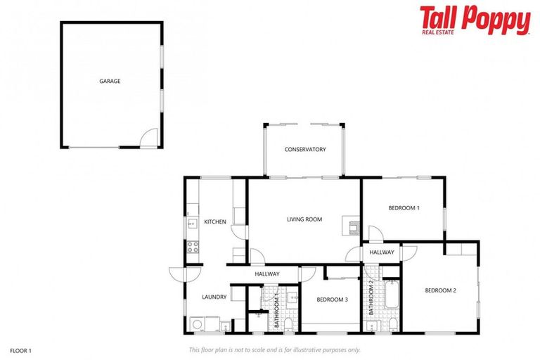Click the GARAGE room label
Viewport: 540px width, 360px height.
pos(110,81)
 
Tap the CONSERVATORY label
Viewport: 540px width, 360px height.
pos(304,149)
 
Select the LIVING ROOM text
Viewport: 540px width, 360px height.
pos(304,219)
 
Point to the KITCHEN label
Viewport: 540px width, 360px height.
pos(215,222)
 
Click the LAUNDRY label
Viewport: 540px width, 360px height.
pos(214,297)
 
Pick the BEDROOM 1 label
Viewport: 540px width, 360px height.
pos(404,208)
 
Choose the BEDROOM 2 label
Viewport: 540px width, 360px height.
pos(440,290)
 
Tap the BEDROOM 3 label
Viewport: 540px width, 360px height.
pos(332,300)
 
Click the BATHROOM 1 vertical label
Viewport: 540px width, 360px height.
pos(277,310)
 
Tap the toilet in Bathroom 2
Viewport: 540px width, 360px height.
pos(392,324)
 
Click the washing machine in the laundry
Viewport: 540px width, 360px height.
pos(198,324)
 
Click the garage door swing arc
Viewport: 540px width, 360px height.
pos(148,139)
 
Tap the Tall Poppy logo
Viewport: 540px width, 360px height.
pos(475,20)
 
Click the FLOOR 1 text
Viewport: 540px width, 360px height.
pos(21,349)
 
